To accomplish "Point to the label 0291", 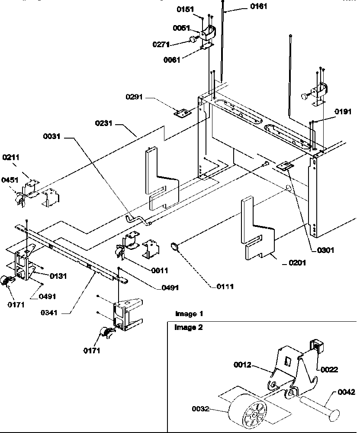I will point(135,98).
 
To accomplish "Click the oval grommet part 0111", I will point(174,247).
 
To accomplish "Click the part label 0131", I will point(58,275).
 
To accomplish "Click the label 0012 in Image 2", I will point(243,365).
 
